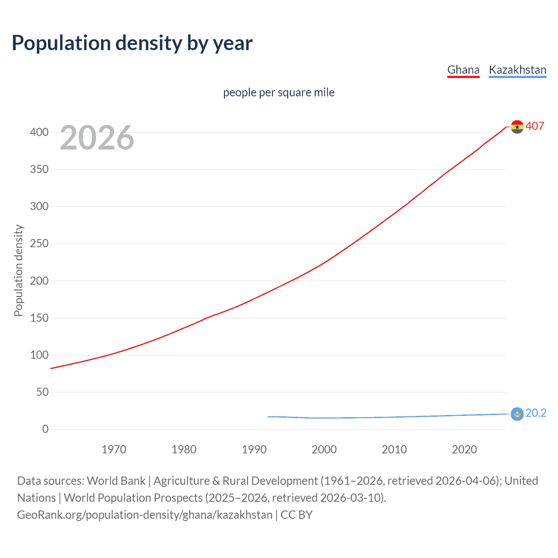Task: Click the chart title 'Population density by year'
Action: click(132, 43)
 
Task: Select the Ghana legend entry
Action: click(463, 70)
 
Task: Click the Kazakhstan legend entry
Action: click(517, 70)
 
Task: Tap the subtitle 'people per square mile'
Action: click(279, 92)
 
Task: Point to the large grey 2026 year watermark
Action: click(97, 138)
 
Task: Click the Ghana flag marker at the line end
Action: click(517, 127)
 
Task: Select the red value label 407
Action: click(535, 126)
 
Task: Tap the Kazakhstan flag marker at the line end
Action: click(517, 414)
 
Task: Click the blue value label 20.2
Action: click(536, 413)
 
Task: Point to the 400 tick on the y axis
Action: click(39, 132)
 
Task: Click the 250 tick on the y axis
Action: click(39, 244)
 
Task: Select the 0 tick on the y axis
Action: click(45, 429)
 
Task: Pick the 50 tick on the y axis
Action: click(42, 392)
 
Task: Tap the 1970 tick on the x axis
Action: click(114, 449)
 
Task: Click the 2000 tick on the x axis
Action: click(324, 449)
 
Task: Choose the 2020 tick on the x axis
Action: click(464, 449)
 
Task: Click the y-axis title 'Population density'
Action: click(18, 270)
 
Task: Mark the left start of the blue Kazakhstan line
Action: click(269, 417)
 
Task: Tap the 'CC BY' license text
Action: click(296, 515)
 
